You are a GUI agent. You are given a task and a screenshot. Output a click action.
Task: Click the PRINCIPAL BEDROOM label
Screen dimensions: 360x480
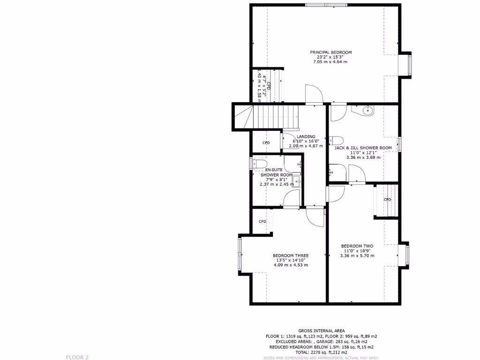[330, 52]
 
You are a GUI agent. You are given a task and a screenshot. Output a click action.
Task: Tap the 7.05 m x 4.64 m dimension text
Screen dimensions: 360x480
[330, 62]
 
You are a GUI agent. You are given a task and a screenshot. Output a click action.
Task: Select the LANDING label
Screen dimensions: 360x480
[306, 137]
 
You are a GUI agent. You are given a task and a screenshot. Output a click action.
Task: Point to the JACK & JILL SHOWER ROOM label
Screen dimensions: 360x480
[363, 148]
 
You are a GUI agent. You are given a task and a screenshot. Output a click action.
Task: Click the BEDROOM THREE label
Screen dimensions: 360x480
[291, 255]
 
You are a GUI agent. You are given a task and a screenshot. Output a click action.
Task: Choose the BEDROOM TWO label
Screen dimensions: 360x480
[357, 246]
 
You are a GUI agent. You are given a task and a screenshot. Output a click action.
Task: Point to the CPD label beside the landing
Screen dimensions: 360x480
[266, 143]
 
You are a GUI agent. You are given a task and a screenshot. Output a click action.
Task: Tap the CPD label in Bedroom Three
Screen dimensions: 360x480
[262, 221]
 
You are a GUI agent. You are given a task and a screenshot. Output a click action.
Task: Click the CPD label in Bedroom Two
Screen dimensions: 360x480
[387, 200]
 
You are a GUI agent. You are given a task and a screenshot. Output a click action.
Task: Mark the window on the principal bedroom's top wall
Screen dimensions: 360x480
[327, 5]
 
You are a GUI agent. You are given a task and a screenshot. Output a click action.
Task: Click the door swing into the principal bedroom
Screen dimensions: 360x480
[313, 93]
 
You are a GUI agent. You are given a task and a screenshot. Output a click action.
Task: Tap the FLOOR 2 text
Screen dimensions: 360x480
[77, 357]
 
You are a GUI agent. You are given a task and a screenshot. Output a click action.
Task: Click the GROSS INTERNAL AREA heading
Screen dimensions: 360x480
[321, 330]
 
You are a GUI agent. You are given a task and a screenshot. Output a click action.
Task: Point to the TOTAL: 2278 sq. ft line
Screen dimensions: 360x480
[321, 352]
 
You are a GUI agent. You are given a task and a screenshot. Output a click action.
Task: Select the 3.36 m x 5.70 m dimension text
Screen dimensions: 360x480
[357, 255]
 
